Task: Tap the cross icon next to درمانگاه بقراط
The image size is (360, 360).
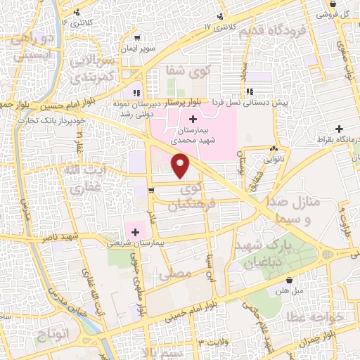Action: (340, 129)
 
